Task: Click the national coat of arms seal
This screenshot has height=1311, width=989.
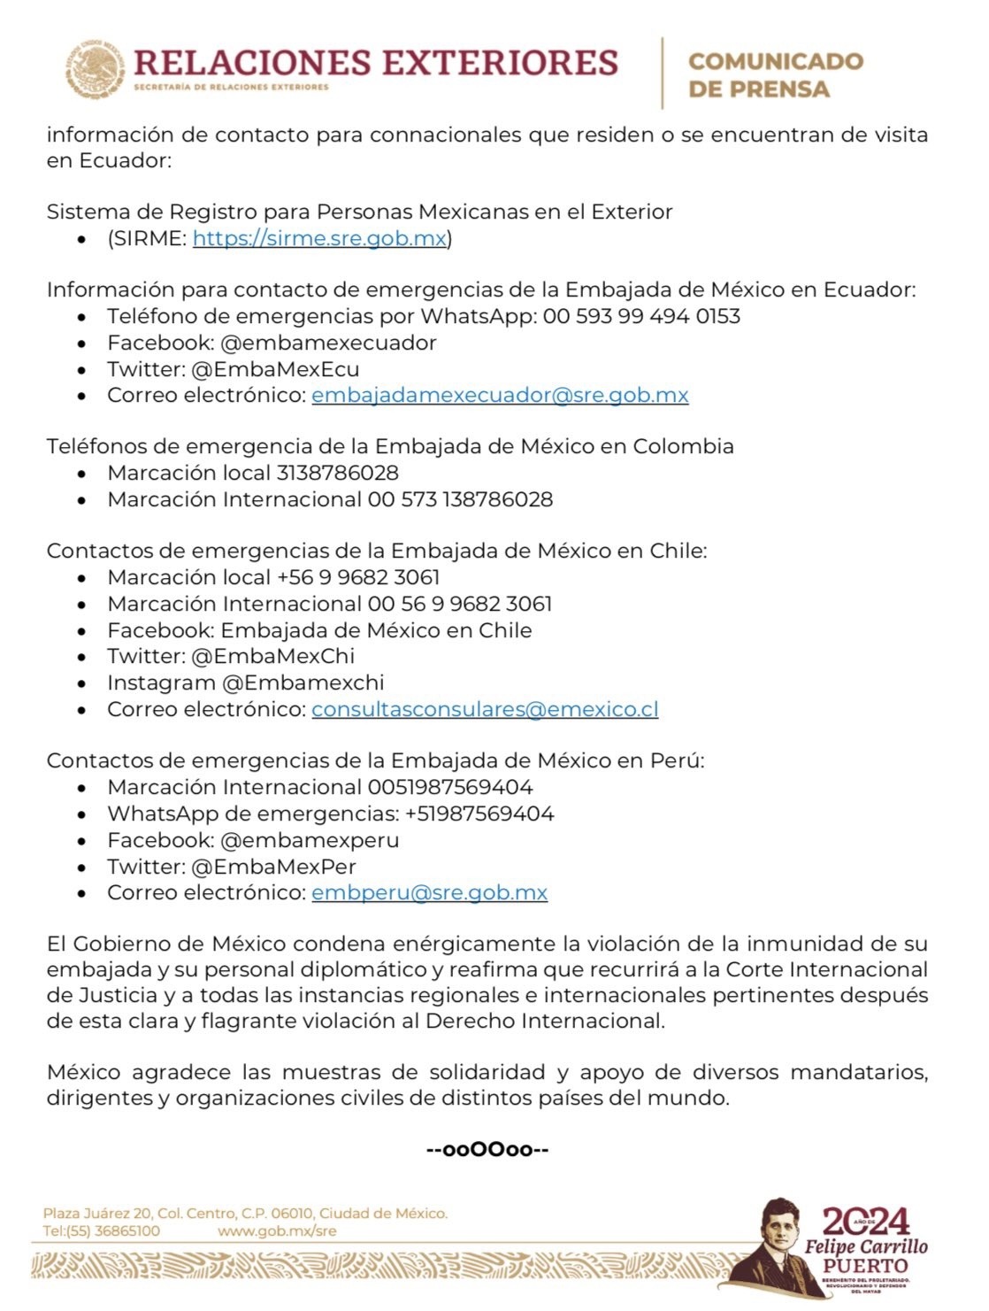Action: point(95,70)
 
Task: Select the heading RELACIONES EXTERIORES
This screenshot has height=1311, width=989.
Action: point(375,63)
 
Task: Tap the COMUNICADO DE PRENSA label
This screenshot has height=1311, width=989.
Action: point(775,74)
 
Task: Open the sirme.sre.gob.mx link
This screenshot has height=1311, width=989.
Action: point(319,238)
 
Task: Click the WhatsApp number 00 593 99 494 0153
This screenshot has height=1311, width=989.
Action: point(641,316)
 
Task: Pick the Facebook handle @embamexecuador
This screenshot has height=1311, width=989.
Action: point(328,343)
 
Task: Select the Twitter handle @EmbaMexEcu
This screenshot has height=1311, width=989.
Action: point(275,369)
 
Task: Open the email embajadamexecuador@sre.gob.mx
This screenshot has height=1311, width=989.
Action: point(500,395)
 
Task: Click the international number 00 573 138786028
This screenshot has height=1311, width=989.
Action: point(460,499)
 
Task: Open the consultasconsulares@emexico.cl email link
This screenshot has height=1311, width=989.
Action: point(485,709)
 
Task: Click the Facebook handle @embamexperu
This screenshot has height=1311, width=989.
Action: point(310,840)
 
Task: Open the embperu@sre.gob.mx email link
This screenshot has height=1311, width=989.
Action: point(429,892)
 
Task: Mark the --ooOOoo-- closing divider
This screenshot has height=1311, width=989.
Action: point(488,1150)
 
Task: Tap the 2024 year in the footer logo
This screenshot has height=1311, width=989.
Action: point(866,1222)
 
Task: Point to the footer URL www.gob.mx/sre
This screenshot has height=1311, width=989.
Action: point(277,1231)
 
